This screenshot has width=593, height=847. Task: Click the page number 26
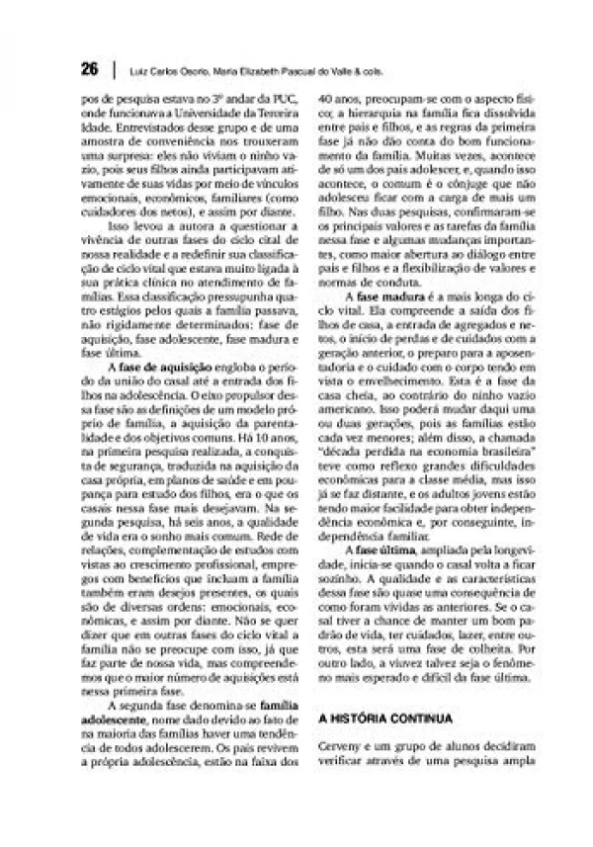tap(90, 70)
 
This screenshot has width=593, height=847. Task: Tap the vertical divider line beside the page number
tap(116, 71)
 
